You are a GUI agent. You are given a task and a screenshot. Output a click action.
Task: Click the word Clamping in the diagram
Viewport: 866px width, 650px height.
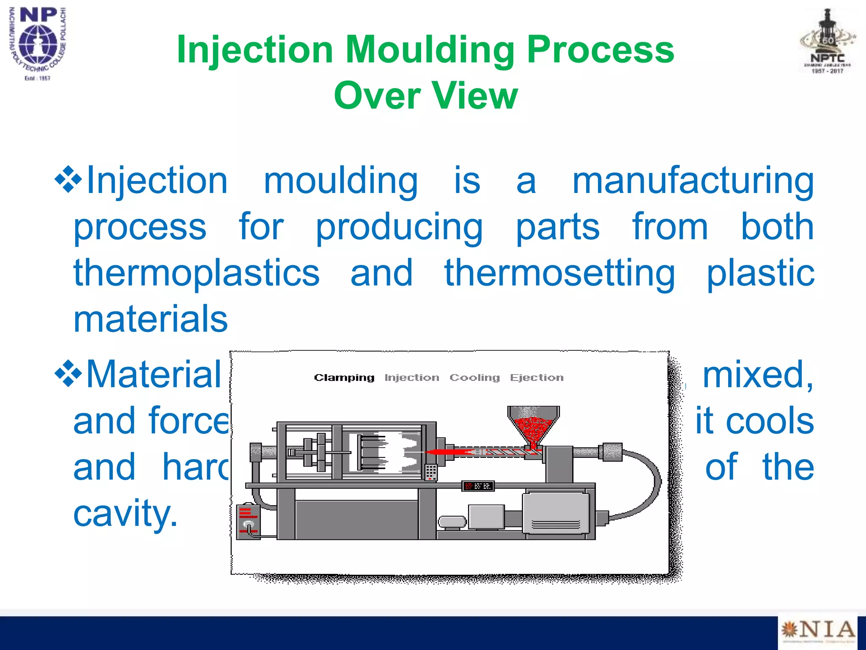coord(344,377)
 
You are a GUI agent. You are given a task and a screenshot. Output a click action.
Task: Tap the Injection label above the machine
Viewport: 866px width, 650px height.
coord(412,377)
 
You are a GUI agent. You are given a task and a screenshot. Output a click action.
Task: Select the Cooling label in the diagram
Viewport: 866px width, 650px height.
coord(474,377)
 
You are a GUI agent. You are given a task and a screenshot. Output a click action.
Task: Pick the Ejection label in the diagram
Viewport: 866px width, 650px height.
coord(537,377)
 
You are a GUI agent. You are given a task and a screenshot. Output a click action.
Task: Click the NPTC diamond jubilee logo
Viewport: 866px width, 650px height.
coord(828,42)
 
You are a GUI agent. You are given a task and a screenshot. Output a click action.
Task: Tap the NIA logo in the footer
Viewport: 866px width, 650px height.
coord(818,630)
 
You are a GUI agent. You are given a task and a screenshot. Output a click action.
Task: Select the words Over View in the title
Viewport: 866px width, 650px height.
coord(425,96)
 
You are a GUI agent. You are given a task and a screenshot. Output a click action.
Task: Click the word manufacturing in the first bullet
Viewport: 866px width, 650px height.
coord(693,181)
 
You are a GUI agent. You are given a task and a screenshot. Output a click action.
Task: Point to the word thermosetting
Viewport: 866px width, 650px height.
coord(559,273)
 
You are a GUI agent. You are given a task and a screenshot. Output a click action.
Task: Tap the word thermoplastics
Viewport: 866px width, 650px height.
coord(197,273)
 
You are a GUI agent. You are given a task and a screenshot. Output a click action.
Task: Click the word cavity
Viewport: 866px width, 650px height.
coord(125,513)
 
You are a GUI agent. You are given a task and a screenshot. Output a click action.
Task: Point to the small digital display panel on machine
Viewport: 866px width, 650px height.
coord(478,486)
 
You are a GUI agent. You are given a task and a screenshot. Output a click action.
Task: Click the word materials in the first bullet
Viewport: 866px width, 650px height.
coord(151,319)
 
